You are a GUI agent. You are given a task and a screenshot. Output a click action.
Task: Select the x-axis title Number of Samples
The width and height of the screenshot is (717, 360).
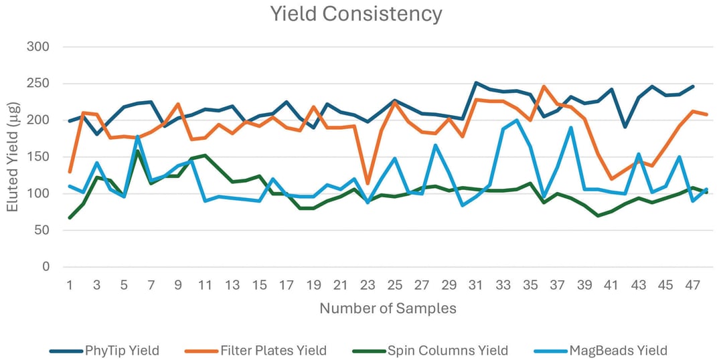[388, 308]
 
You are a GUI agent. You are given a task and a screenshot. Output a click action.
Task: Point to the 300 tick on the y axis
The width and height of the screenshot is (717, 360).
[39, 48]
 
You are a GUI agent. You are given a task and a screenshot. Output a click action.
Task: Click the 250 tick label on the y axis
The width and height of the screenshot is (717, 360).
[39, 84]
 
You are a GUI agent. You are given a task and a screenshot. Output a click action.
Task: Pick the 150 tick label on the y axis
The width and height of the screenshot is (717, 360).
[39, 157]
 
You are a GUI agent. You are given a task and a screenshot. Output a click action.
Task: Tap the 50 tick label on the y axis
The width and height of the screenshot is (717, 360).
[42, 230]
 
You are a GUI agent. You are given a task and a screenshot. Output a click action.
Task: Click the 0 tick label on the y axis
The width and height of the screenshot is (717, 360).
[46, 267]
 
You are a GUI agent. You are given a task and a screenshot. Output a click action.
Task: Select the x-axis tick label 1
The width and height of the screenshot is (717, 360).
[70, 285]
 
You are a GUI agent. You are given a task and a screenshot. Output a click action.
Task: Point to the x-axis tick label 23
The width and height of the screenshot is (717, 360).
[368, 285]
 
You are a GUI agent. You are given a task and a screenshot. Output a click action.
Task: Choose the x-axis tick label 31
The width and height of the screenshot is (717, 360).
[476, 285]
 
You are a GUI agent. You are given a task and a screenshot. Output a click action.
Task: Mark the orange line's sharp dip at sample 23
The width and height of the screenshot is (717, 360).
[368, 183]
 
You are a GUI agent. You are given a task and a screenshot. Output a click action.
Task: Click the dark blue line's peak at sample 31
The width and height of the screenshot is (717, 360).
[475, 83]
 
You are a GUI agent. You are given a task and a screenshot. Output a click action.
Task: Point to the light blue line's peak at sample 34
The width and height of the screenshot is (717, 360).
[516, 120]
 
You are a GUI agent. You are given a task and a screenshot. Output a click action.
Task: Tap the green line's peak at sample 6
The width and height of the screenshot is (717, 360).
[137, 151]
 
